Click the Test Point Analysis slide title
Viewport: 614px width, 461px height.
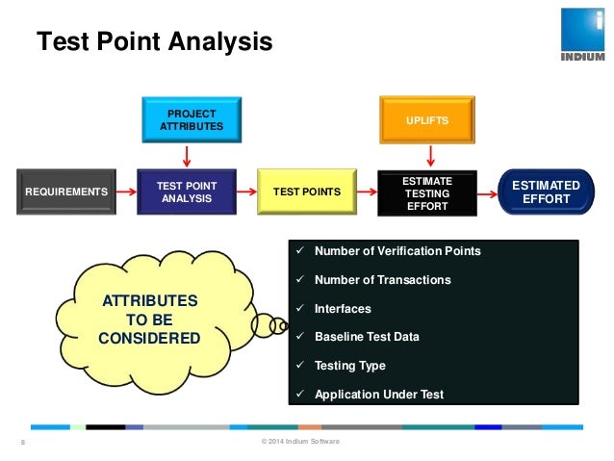pos(154,42)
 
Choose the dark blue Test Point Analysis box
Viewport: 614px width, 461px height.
pos(187,192)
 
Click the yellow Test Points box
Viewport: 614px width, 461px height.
pos(307,192)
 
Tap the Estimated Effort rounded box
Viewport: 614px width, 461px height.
pos(546,192)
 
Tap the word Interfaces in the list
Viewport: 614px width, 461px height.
pos(343,309)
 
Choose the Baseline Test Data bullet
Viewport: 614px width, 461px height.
pos(367,337)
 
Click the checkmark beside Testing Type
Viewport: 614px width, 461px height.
pos(300,366)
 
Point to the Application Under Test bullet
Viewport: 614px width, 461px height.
pos(378,394)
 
